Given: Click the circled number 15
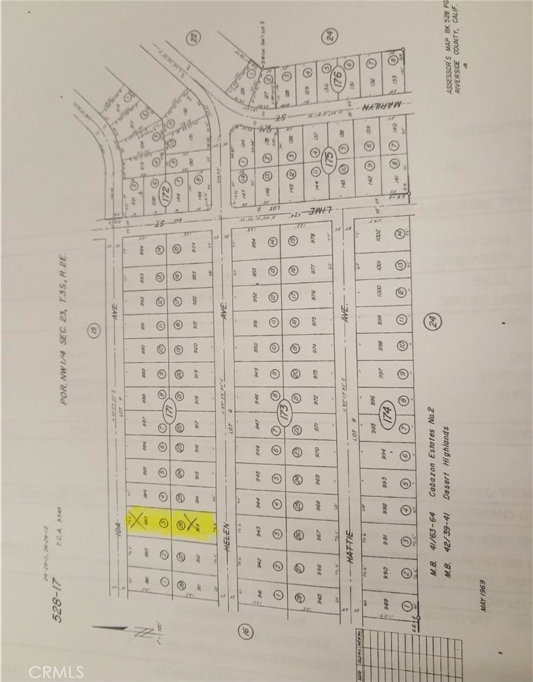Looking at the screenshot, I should (92, 332).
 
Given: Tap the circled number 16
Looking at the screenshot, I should (246, 632).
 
